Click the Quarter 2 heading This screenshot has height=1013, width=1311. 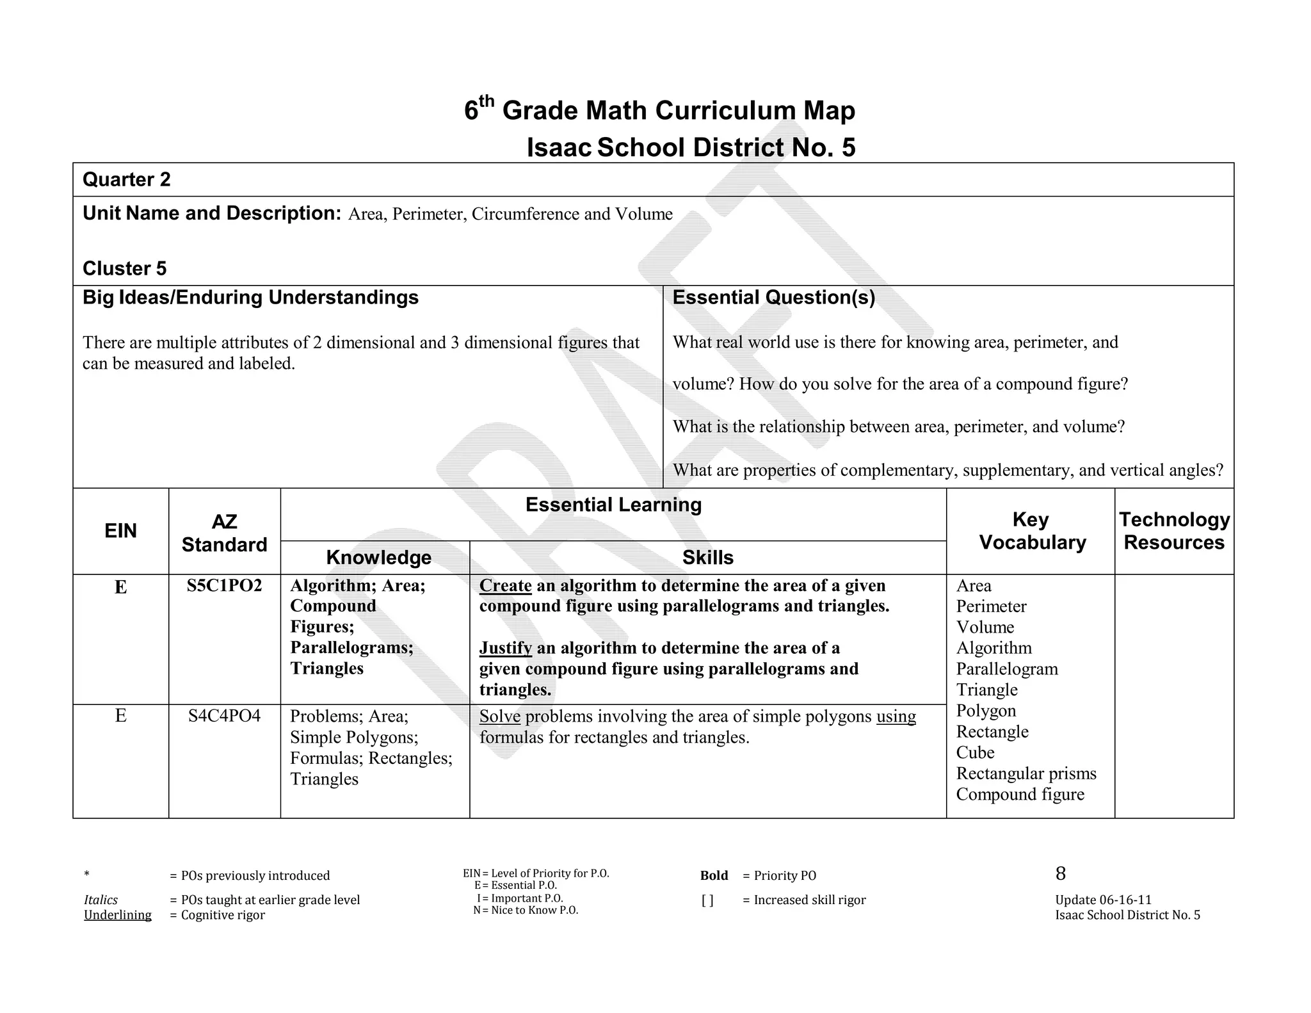click(x=127, y=180)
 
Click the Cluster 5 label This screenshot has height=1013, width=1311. click(x=124, y=268)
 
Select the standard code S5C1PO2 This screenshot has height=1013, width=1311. click(x=224, y=586)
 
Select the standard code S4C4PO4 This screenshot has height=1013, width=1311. click(x=224, y=716)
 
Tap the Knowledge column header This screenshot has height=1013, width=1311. click(x=378, y=558)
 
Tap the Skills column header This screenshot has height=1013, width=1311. click(x=707, y=558)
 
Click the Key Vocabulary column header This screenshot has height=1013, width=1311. click(x=1032, y=531)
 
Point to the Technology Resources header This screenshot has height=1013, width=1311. click(x=1174, y=531)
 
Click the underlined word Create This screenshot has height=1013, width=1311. click(x=505, y=586)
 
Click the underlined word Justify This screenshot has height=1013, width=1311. click(x=505, y=648)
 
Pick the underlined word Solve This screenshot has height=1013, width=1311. click(x=499, y=717)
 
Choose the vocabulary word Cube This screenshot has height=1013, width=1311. click(x=975, y=753)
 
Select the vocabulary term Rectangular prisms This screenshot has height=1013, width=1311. click(x=1025, y=774)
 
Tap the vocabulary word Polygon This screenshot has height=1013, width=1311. click(x=986, y=711)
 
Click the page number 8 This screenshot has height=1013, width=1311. click(x=1061, y=874)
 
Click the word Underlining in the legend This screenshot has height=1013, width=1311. click(x=118, y=915)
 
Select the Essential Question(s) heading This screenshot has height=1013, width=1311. click(x=773, y=298)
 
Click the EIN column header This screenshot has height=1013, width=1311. click(x=120, y=531)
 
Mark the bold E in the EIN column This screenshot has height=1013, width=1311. click(x=120, y=587)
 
